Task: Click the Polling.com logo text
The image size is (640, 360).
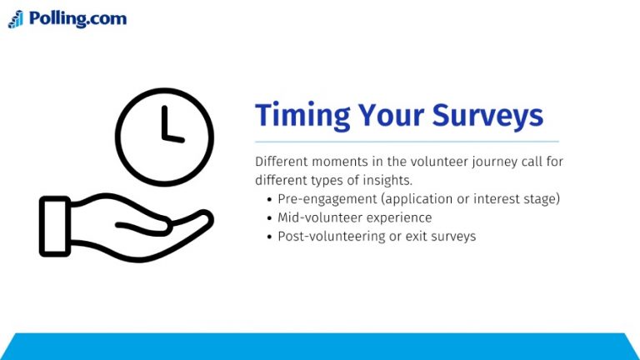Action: click(x=77, y=18)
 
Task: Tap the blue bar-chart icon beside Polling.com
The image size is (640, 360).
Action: click(x=16, y=20)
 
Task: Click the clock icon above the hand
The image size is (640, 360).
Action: click(x=164, y=137)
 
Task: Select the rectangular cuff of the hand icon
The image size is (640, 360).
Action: click(x=54, y=226)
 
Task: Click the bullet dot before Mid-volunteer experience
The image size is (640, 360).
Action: click(x=269, y=217)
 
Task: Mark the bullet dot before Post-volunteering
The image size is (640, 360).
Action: click(x=269, y=237)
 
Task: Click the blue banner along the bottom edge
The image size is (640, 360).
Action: click(x=320, y=347)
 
